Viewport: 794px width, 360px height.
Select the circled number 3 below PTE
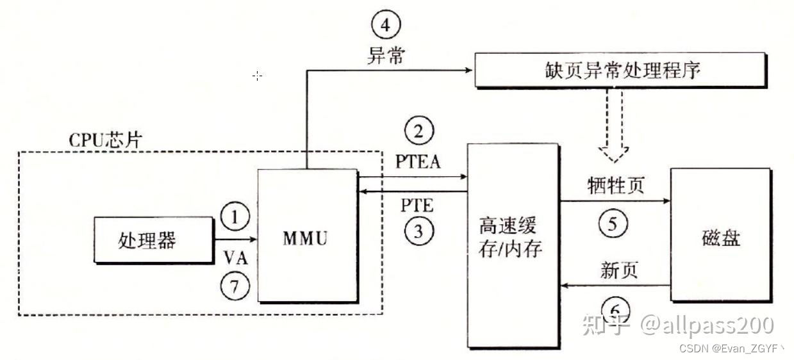tap(418, 231)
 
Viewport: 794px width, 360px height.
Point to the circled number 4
tap(385, 26)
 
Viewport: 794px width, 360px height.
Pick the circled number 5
tap(613, 224)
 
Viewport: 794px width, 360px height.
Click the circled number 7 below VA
tap(235, 286)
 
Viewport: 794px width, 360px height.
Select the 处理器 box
tap(153, 240)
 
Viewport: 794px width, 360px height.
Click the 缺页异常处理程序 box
tap(620, 70)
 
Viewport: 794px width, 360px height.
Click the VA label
tap(235, 257)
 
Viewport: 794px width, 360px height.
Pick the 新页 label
tap(619, 270)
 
